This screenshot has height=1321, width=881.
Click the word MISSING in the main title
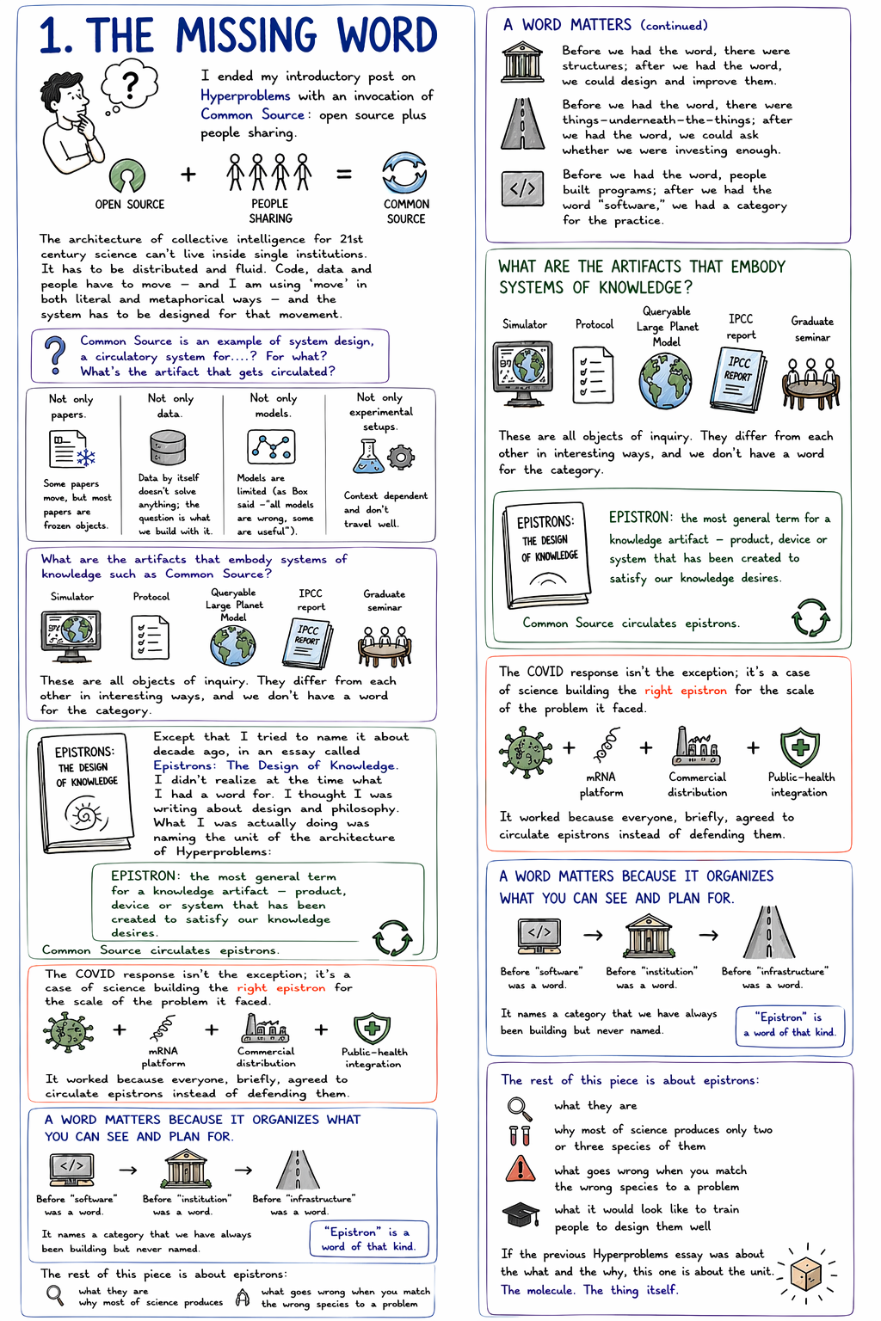[248, 36]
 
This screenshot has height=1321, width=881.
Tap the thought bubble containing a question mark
[130, 84]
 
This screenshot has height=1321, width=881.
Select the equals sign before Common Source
[344, 175]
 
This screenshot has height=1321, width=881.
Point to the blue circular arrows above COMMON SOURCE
[404, 173]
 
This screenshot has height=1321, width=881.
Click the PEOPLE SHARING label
[270, 211]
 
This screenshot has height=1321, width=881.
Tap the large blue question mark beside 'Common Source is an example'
[54, 354]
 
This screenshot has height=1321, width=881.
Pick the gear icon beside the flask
[401, 457]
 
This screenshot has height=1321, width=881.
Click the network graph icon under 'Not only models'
[271, 447]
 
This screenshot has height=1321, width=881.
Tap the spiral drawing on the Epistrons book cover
[86, 814]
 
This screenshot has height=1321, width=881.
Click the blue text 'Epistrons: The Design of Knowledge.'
[275, 765]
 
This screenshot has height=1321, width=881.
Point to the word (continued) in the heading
[674, 26]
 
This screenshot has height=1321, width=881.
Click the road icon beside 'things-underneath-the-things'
[522, 124]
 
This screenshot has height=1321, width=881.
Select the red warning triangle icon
[520, 1170]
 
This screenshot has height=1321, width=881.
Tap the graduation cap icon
[521, 1214]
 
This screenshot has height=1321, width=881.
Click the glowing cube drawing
[807, 1271]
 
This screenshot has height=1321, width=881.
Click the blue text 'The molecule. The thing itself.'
[589, 1290]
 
